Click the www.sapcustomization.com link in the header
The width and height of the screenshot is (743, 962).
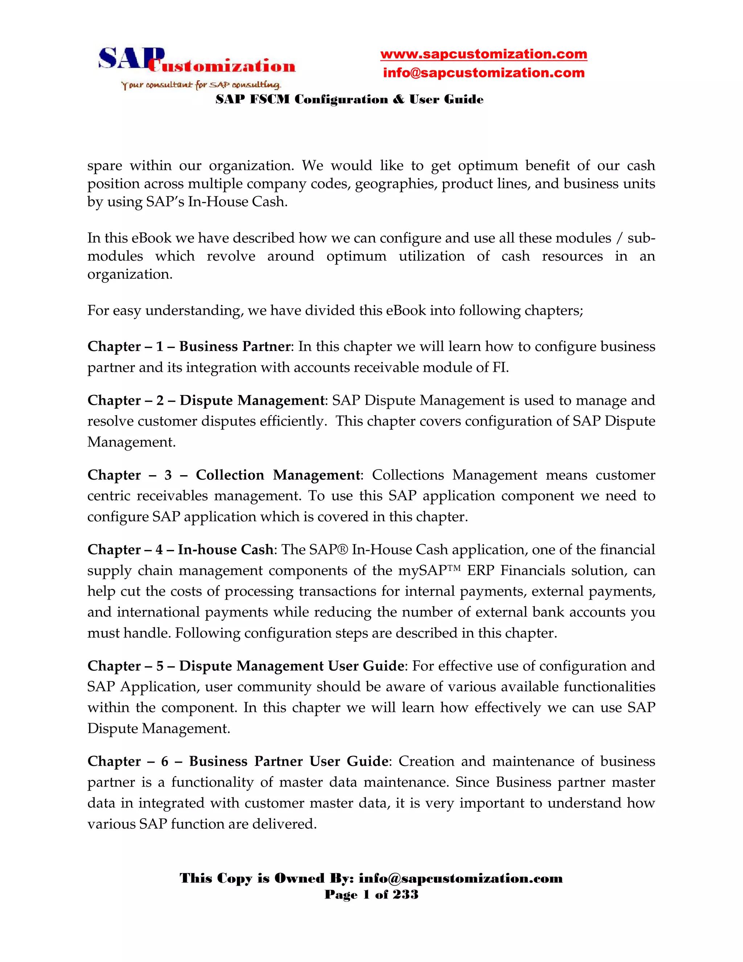tap(483, 54)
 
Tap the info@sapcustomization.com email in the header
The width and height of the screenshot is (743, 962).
tap(483, 73)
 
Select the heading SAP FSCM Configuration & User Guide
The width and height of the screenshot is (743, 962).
tap(349, 99)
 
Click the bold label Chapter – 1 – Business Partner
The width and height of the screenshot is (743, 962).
tap(189, 346)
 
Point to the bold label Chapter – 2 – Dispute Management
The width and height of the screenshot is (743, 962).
tap(206, 400)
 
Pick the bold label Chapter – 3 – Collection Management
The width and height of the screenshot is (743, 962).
tap(223, 475)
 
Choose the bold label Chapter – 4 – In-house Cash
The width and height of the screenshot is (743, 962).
tap(180, 550)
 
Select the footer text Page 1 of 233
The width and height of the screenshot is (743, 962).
tap(371, 894)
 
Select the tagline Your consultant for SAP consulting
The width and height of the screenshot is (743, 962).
tap(201, 85)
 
